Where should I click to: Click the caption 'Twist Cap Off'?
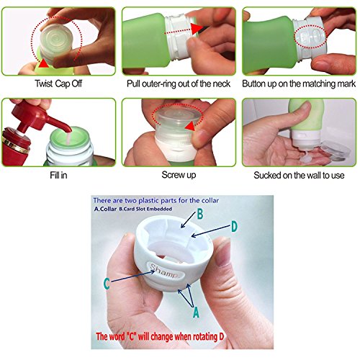(58, 84)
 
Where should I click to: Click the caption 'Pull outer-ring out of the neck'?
(179, 84)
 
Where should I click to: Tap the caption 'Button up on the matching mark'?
(299, 84)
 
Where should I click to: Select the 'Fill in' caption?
(58, 175)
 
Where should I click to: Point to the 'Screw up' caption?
(179, 175)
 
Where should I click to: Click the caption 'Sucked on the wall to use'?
(299, 175)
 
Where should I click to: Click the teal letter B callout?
(200, 214)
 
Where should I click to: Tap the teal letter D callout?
(234, 226)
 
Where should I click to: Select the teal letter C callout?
(107, 284)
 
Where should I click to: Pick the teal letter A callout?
(196, 312)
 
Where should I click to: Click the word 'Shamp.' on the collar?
(165, 271)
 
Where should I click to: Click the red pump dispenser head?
(40, 119)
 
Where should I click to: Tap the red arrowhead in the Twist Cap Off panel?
(42, 63)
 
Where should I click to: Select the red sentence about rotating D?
(160, 336)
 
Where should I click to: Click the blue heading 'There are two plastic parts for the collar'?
(156, 200)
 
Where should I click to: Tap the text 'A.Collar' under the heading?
(105, 209)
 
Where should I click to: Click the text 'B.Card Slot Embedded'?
(145, 209)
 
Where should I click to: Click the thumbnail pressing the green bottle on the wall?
(299, 132)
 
